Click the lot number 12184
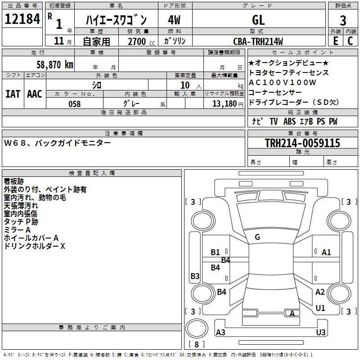22,19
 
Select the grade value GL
258,20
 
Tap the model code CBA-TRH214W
258,41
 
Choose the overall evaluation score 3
343,21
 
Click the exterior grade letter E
335,41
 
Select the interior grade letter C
350,41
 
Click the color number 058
75,104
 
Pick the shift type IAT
13,94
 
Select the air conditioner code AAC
34,94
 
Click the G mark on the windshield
257,237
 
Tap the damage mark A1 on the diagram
326,252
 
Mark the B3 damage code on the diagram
195,276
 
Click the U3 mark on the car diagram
320,332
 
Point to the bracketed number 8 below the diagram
196,344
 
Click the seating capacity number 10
185,85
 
